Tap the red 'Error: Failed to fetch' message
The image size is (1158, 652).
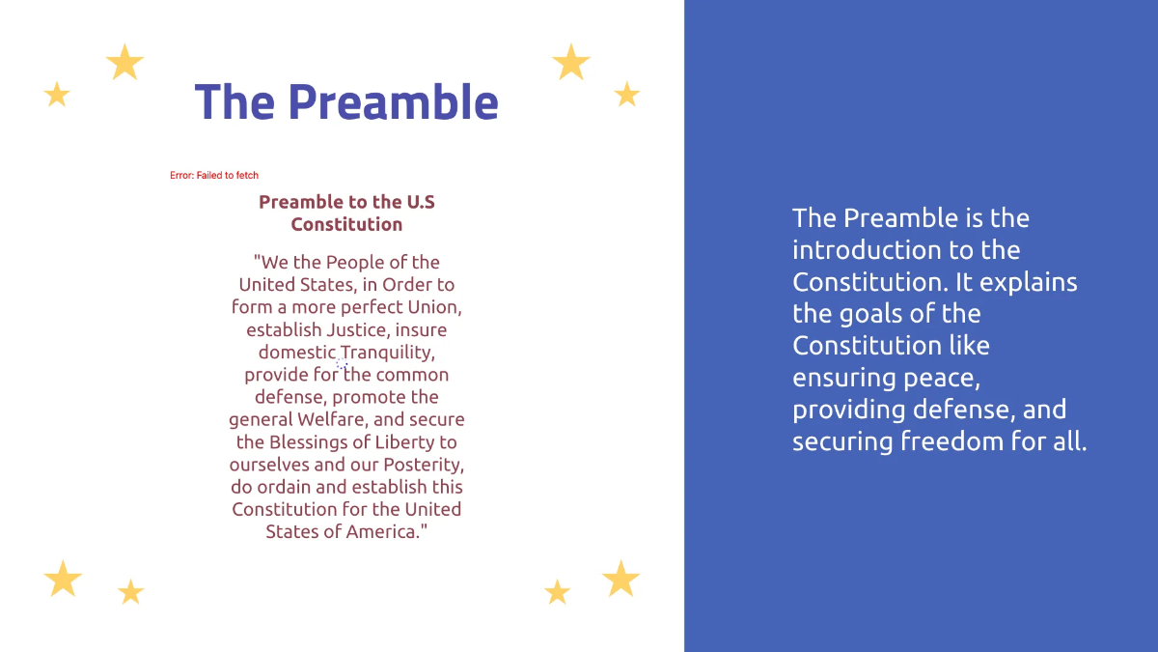[214, 176]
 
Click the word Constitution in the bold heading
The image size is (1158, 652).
[346, 224]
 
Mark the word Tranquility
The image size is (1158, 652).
[387, 353]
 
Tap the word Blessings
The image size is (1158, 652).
[314, 442]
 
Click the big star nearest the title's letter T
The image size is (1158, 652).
[124, 63]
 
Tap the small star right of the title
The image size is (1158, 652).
[627, 95]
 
